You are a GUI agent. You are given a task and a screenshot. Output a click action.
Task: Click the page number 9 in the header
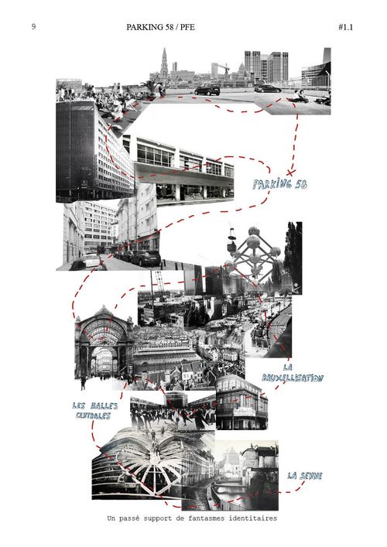33,26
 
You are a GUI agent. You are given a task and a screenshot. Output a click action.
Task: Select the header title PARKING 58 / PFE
160,27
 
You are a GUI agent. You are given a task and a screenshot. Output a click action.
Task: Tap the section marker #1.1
345,27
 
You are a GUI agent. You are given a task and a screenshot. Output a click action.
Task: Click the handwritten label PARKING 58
280,184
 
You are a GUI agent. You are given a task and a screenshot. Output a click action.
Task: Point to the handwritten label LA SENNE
305,476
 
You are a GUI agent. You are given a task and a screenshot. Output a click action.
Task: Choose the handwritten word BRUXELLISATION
293,378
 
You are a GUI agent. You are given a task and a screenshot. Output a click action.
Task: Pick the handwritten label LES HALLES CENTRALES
94,411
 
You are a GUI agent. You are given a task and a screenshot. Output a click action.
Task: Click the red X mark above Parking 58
290,172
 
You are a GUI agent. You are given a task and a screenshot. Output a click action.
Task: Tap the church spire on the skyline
164,63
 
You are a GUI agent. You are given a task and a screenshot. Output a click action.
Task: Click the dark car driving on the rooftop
207,89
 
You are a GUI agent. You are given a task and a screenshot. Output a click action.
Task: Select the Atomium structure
254,254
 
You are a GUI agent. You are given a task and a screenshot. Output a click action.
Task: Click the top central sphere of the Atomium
254,231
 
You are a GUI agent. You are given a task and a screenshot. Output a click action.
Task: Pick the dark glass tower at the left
76,150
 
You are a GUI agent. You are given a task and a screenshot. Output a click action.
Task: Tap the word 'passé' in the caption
129,518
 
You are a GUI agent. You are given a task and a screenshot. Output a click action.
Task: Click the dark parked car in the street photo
146,258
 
